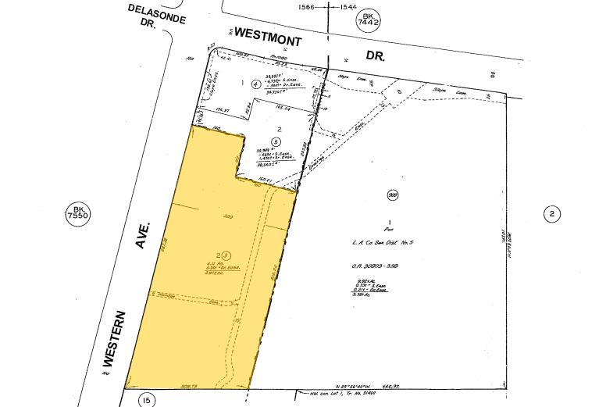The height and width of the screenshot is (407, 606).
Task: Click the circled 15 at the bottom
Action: pos(145,400)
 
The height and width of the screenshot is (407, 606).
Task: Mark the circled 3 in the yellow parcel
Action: pos(225,255)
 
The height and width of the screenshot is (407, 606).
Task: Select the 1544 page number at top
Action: pos(348,6)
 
